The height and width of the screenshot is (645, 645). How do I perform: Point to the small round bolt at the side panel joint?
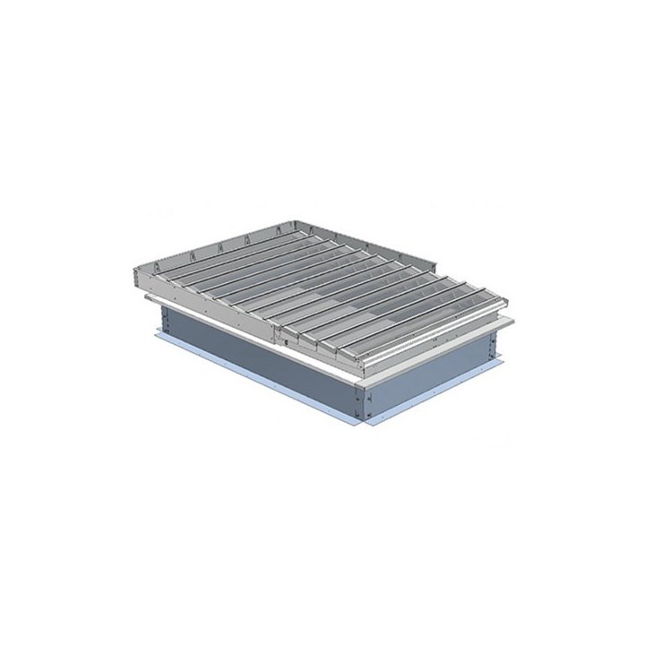[x=281, y=341]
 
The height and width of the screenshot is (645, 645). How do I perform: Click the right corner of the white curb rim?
[x=511, y=321]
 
